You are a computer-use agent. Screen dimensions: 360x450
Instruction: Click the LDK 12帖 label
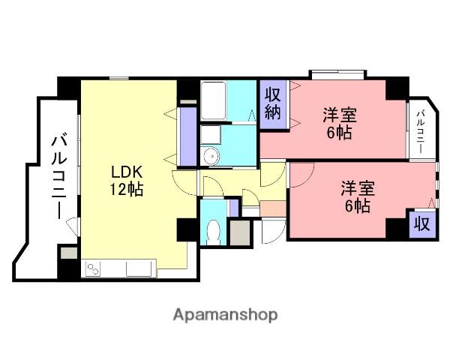click(x=124, y=178)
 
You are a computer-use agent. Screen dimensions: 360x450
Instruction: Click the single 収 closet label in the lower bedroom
click(x=421, y=224)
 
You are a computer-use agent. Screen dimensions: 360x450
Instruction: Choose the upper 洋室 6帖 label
click(x=339, y=124)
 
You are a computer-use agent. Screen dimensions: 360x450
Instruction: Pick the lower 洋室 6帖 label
click(x=356, y=197)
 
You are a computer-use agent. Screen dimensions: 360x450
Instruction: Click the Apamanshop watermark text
click(x=225, y=314)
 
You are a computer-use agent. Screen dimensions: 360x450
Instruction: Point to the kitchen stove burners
click(x=94, y=267)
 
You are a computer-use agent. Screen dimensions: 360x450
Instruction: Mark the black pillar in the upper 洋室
click(x=394, y=89)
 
